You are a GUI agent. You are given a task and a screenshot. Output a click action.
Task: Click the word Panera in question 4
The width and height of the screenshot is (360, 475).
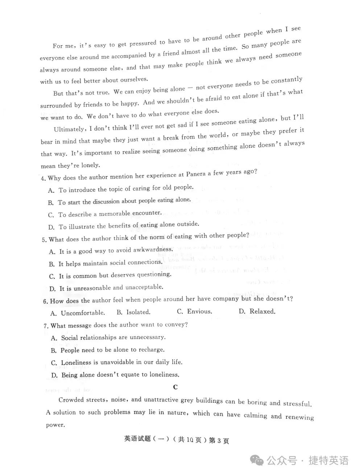point(196,174)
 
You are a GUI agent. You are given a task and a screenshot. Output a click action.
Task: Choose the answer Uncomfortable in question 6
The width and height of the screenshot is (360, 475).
point(82,313)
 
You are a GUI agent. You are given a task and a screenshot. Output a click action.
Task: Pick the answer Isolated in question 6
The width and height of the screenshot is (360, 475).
point(138,312)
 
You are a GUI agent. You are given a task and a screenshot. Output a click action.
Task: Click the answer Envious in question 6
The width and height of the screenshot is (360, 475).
point(199,311)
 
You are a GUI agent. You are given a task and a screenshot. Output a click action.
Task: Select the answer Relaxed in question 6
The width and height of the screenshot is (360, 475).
point(262,311)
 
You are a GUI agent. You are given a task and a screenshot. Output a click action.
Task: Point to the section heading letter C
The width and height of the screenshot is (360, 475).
point(175,387)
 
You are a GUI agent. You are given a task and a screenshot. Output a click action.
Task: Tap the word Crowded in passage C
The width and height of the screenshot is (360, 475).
point(71,400)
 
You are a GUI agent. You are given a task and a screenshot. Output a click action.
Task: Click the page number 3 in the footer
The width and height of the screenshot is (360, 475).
point(219,441)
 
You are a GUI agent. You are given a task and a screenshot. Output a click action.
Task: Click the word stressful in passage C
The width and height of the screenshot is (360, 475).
point(297,403)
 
